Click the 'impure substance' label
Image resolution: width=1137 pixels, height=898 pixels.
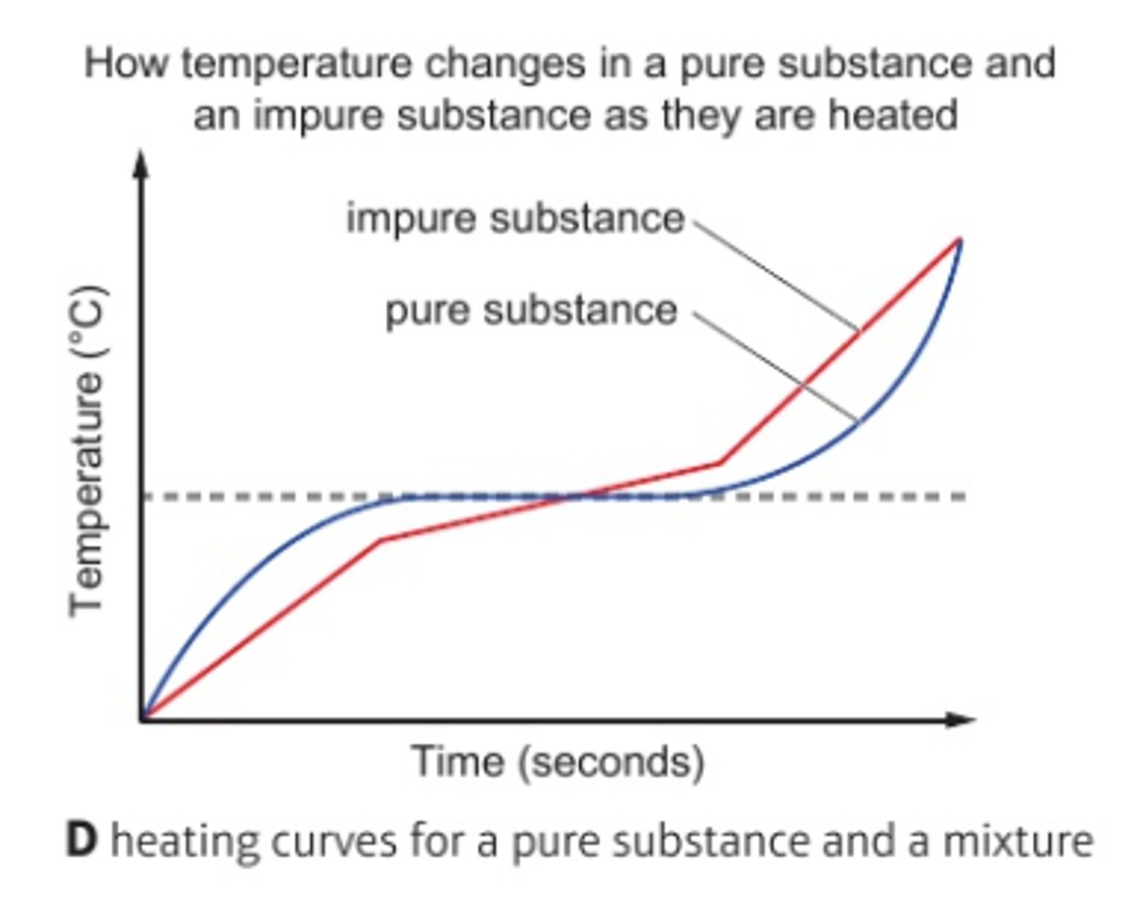point(515,218)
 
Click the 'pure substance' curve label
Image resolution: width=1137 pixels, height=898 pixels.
point(531,310)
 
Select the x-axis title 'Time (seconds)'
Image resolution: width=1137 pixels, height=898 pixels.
point(558,762)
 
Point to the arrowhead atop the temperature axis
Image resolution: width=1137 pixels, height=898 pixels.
point(141,163)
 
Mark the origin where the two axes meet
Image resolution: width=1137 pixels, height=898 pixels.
point(142,719)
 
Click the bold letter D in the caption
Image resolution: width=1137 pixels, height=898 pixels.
point(81,841)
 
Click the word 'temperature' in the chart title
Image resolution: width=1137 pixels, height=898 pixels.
point(296,63)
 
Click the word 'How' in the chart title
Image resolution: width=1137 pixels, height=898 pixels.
point(126,63)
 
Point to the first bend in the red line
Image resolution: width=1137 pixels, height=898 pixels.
point(381,540)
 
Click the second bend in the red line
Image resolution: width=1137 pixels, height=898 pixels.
point(719,463)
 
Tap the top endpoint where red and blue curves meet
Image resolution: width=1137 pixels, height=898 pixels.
point(959,239)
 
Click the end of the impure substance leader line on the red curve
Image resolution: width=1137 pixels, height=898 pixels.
point(858,329)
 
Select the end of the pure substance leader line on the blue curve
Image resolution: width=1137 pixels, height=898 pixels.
point(857,420)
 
